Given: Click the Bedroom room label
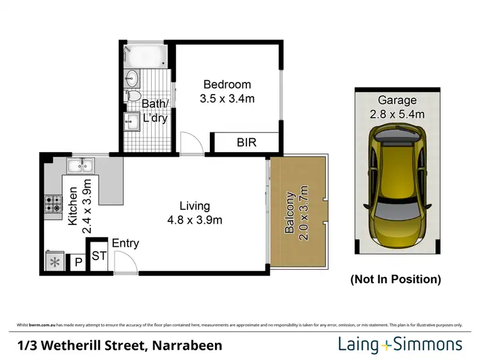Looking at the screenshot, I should (x=227, y=84).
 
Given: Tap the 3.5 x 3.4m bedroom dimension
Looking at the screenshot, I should (x=227, y=98).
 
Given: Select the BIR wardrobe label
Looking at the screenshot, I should (x=246, y=143).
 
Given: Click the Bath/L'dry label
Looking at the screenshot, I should (x=156, y=111).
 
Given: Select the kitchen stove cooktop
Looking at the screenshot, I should (x=52, y=204).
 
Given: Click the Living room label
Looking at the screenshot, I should (x=195, y=206).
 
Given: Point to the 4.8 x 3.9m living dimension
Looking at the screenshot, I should (x=195, y=221).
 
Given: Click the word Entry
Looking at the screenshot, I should (x=125, y=243).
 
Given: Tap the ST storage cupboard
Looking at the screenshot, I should (x=99, y=256).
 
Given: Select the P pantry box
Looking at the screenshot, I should (x=78, y=262).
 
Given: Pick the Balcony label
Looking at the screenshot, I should (x=289, y=212).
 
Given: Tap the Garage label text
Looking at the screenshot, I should (x=397, y=100).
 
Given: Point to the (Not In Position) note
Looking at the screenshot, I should (x=396, y=279).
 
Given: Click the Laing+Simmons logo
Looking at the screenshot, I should (x=400, y=345).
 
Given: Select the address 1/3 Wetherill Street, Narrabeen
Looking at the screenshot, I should (x=120, y=346).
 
